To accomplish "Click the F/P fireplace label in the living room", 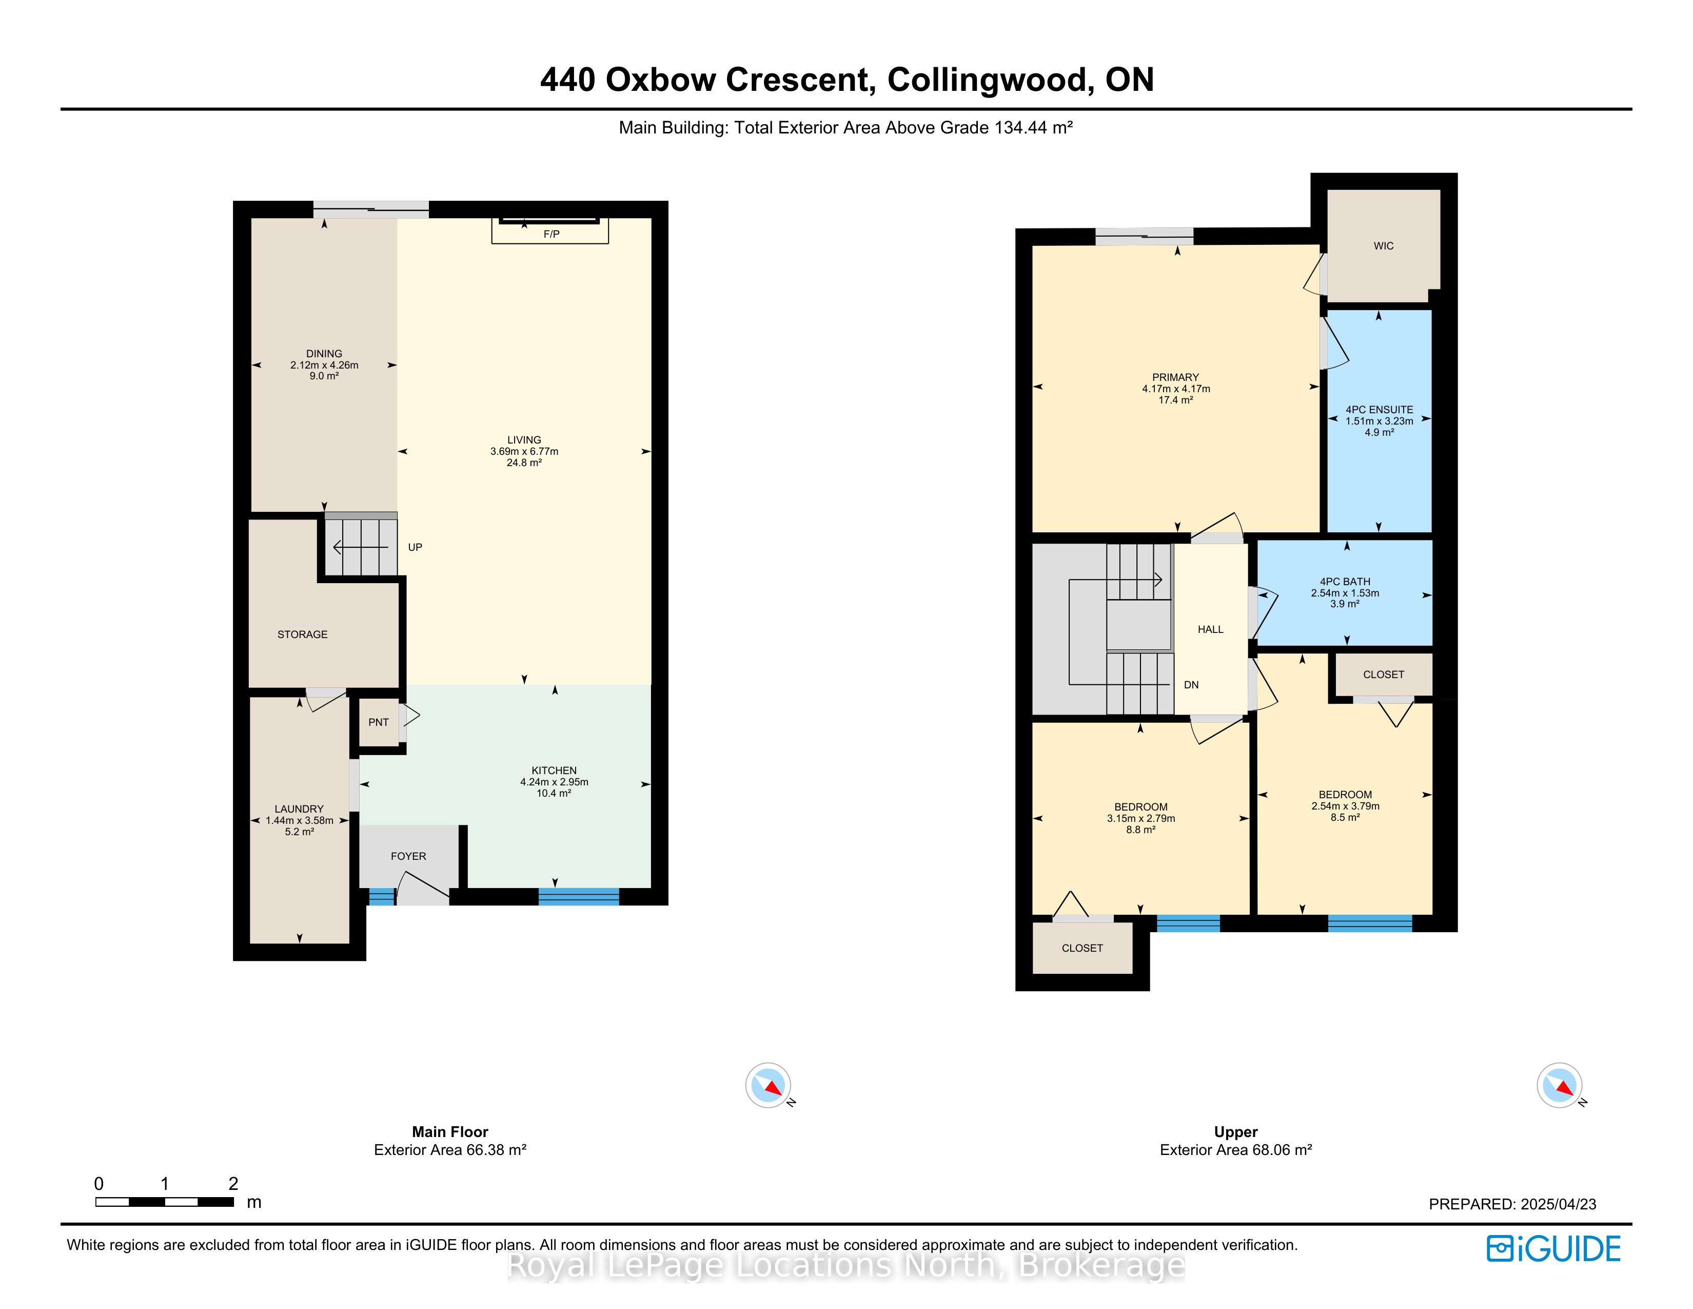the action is (551, 234).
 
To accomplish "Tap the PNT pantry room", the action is (378, 722).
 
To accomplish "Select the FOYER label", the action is (408, 856).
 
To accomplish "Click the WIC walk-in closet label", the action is (1384, 246).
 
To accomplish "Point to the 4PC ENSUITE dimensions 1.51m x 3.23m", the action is (1379, 421).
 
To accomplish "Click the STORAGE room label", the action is (302, 634).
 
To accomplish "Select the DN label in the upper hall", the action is (1191, 685).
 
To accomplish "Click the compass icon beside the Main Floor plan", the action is (768, 1085).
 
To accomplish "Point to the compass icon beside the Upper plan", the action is (1560, 1085).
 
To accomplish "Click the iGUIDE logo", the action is (1553, 1248).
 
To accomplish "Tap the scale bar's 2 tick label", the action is (233, 1183).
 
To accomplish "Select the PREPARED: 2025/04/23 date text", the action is (1512, 1204).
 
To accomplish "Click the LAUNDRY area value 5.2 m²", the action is (299, 832).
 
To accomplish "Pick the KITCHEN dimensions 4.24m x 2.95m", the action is (554, 782).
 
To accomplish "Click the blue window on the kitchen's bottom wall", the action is (579, 896).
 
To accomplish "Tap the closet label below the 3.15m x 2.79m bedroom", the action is (1082, 949).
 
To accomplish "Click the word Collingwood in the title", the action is (986, 80).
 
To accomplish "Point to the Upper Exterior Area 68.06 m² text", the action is (1236, 1150).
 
